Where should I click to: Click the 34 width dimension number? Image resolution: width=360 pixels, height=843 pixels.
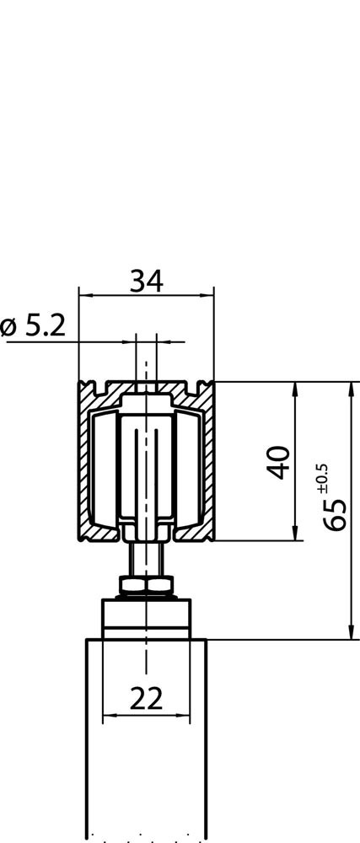(x=146, y=282)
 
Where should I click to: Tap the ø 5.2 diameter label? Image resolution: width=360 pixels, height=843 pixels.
(x=34, y=325)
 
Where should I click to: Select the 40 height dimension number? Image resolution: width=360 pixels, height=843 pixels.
(x=279, y=462)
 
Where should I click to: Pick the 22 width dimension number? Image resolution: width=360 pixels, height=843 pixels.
(x=146, y=699)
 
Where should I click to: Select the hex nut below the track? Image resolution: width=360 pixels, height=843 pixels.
(x=146, y=584)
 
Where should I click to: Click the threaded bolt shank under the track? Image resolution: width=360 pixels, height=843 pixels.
(x=146, y=559)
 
